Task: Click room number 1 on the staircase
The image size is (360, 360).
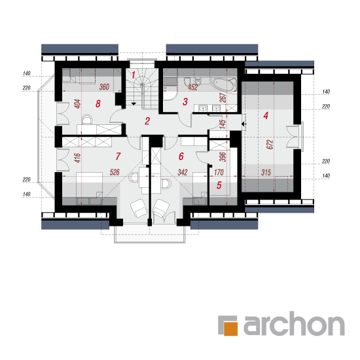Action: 134,75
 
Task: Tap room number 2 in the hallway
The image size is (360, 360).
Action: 147,121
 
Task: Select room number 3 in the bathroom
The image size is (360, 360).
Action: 185,101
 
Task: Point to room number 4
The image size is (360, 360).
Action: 266,115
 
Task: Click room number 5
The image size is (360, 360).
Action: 219,185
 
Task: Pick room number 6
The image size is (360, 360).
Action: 181,156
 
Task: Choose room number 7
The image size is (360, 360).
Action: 118,156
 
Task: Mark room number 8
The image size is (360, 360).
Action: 98,103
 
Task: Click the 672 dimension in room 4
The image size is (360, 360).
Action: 270,145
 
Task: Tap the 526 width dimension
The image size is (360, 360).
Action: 115,172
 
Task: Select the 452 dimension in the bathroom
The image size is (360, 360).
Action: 193,87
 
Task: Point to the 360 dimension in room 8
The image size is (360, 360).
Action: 104,87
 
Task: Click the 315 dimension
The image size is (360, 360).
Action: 266,172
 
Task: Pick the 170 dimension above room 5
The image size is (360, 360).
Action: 219,172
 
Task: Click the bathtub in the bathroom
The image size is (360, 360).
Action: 224,84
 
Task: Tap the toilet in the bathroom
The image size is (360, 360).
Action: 187,82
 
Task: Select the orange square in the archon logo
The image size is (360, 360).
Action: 230,329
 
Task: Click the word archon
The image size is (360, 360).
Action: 294,323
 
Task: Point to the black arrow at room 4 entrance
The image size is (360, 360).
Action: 244,124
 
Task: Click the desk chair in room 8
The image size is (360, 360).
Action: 87,119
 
